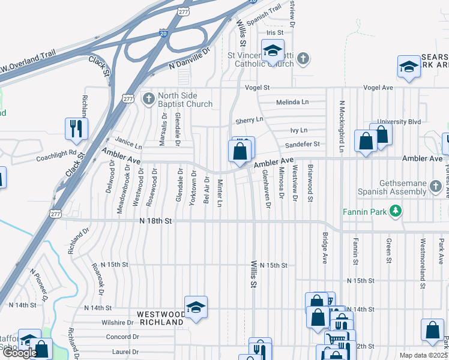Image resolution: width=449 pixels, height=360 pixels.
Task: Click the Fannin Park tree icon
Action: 395,211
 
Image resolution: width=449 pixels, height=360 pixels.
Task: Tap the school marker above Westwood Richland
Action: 196,308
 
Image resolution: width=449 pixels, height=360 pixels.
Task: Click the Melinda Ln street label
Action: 292,102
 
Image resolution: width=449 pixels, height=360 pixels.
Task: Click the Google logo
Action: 20,353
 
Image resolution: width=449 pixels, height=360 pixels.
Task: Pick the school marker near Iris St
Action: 273,53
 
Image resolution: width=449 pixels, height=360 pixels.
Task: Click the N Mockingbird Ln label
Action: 340,127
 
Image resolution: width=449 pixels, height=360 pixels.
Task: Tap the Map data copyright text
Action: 423,355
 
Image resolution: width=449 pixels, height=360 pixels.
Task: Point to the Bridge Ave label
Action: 325,248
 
